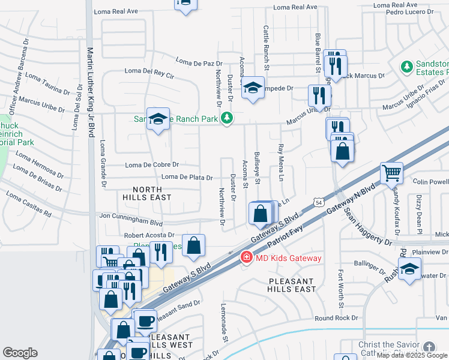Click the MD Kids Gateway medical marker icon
(246, 257)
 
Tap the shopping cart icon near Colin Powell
(391, 173)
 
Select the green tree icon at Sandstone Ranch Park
(226, 118)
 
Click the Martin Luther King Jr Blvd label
(91, 92)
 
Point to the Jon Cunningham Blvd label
(131, 215)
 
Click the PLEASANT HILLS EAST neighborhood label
(292, 285)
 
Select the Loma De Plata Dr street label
(187, 178)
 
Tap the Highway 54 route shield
(317, 205)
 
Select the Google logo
(20, 353)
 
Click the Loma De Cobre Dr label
(152, 164)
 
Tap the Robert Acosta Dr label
(149, 235)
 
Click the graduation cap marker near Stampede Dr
(253, 89)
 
